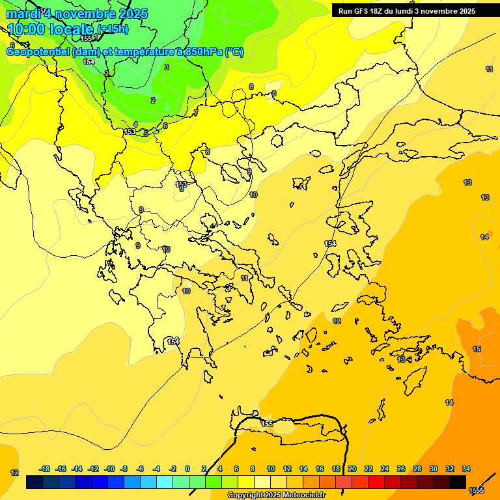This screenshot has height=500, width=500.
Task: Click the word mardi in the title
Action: (22, 14)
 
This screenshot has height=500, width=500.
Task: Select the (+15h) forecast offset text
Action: (113, 29)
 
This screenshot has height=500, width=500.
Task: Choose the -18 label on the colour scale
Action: (45, 469)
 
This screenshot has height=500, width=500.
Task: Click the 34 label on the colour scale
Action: (466, 469)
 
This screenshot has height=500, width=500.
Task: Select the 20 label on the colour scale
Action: (352, 469)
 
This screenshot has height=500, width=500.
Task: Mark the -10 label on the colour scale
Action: (109, 469)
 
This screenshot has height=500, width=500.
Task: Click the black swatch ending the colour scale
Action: (458, 482)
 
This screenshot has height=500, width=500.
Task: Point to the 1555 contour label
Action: (477, 490)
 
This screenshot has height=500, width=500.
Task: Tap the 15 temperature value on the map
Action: (477, 350)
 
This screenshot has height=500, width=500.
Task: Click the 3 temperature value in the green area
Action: (167, 67)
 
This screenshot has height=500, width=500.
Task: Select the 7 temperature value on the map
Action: (195, 113)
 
